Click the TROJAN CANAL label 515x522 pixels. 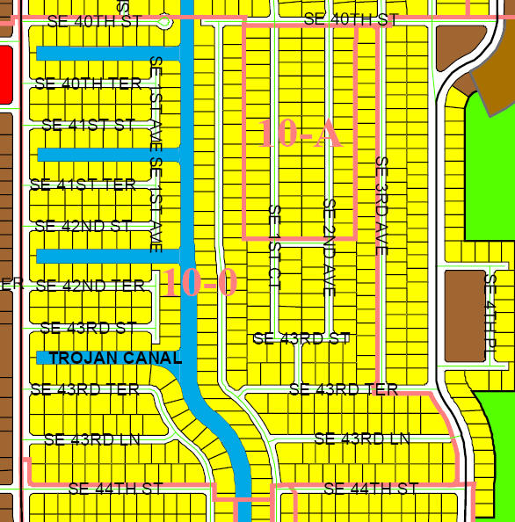(x=115, y=359)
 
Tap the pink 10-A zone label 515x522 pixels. (x=300, y=133)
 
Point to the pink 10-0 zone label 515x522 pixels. (x=199, y=283)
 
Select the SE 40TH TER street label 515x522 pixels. (x=88, y=83)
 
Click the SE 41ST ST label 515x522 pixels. (x=88, y=125)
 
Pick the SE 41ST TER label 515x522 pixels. (x=83, y=185)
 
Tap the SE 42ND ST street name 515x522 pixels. (x=83, y=226)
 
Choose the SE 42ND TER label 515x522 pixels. (x=90, y=286)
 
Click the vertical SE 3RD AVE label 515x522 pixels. (x=381, y=206)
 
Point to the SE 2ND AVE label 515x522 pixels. (x=329, y=247)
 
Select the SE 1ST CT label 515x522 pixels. (x=273, y=247)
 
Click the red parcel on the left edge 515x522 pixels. (x=5, y=75)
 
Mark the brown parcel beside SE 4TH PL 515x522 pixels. (x=463, y=315)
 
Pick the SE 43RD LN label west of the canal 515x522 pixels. (x=91, y=439)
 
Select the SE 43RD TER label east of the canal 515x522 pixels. (x=343, y=389)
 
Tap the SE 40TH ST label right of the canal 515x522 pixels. (x=351, y=19)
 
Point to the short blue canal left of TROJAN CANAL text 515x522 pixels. (x=42, y=358)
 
